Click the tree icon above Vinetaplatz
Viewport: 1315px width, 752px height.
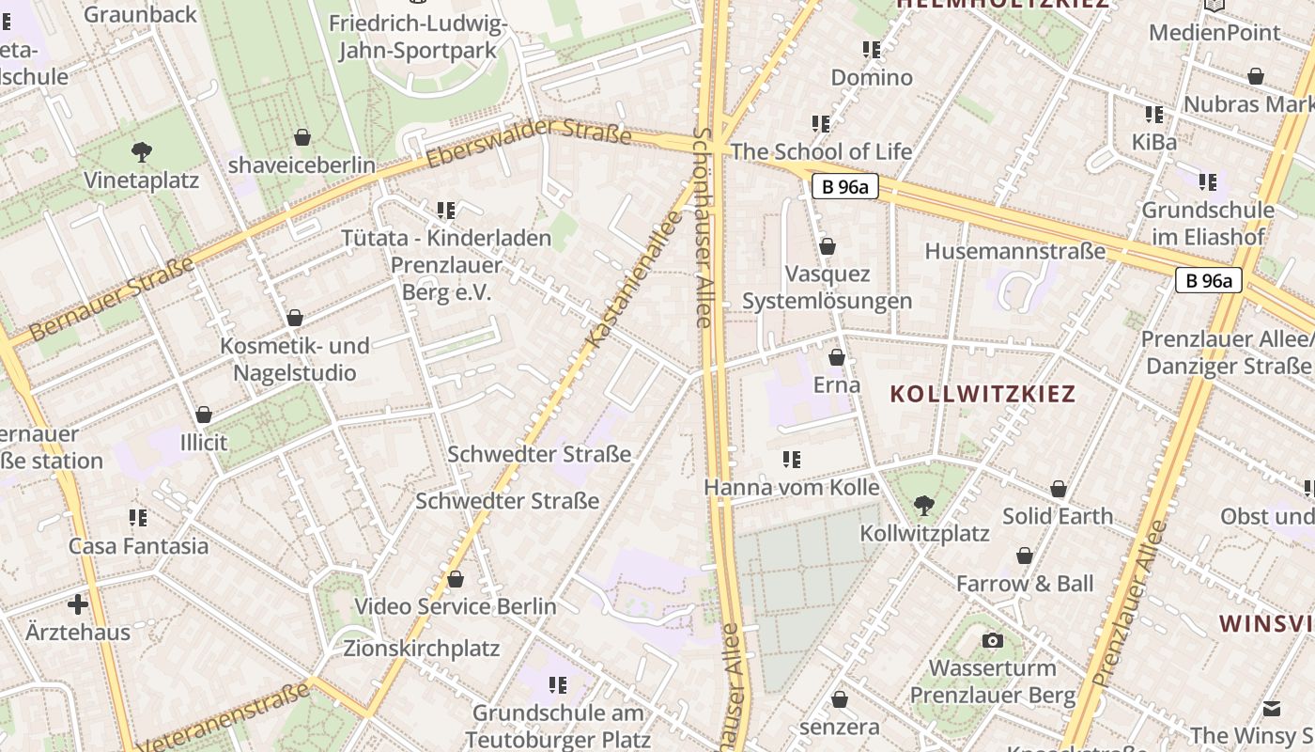[x=142, y=150]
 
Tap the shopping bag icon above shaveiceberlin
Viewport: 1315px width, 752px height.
[x=302, y=138]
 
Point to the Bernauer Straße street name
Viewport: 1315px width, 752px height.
[x=112, y=299]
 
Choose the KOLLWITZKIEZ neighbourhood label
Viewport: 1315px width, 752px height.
[x=982, y=394]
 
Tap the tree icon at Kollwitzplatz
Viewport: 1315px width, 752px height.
[x=924, y=505]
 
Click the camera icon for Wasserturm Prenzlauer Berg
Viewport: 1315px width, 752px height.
[x=992, y=641]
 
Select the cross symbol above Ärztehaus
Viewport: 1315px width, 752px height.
[x=78, y=603]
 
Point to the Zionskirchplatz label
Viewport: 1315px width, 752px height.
[x=422, y=649]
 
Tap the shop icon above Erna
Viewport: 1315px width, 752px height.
[x=837, y=358]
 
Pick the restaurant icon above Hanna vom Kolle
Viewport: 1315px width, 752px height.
[x=792, y=460]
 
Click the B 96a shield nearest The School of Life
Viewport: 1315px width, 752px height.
[x=845, y=187]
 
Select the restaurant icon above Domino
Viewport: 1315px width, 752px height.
[x=871, y=49]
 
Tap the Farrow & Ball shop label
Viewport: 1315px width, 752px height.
[x=1025, y=584]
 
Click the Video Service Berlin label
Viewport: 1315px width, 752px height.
[x=456, y=606]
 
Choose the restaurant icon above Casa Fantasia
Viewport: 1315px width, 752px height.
[x=138, y=518]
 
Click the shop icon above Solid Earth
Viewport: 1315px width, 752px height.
[x=1059, y=490]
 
